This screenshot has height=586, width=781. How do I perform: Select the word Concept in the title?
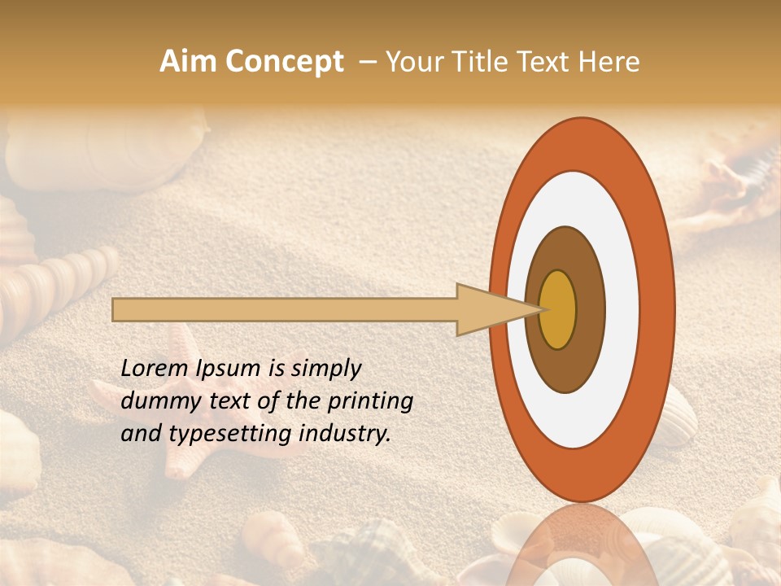pyautogui.click(x=284, y=62)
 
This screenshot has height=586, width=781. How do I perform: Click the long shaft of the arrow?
pyautogui.click(x=285, y=310)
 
